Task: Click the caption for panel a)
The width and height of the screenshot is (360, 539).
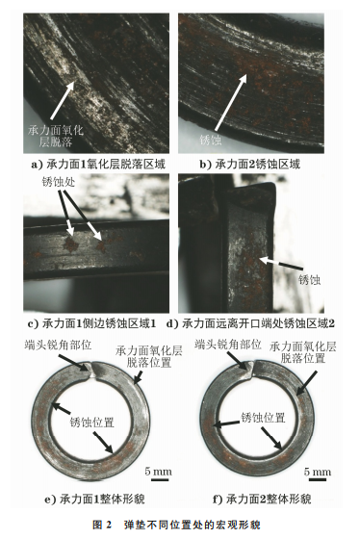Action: click(x=98, y=164)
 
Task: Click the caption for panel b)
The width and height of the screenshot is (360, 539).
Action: click(x=250, y=164)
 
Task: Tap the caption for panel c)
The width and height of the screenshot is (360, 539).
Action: click(x=92, y=323)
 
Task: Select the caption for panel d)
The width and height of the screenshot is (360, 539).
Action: click(x=250, y=323)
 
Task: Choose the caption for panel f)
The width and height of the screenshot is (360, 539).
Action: click(x=262, y=499)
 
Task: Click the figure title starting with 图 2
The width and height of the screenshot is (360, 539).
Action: click(x=176, y=525)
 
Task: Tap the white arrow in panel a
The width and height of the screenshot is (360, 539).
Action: click(x=64, y=101)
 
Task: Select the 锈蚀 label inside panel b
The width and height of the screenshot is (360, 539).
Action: click(x=211, y=140)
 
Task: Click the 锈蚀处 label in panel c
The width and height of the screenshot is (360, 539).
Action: click(x=58, y=182)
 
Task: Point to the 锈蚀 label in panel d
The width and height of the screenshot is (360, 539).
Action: click(x=309, y=279)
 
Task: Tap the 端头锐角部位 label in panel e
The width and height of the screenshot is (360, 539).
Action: click(x=58, y=345)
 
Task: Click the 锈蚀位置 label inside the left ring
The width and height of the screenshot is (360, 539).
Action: click(x=92, y=422)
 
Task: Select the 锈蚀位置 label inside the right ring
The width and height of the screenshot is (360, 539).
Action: click(x=263, y=418)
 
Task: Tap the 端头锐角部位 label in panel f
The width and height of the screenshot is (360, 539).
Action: click(x=227, y=345)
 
